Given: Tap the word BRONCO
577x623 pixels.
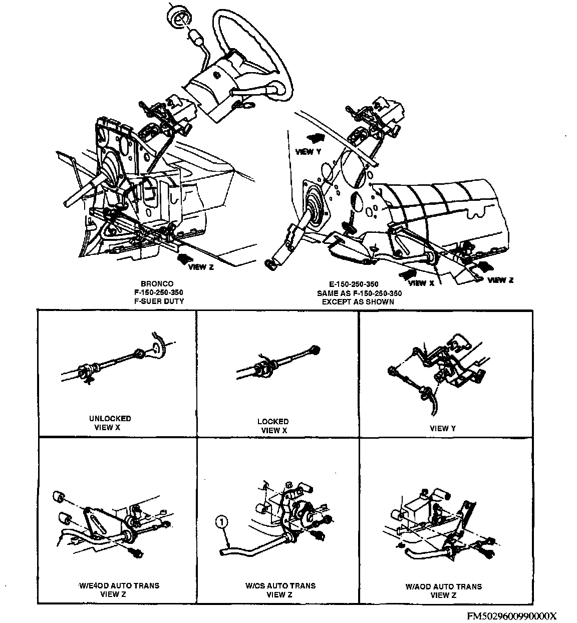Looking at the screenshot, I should tap(157, 284).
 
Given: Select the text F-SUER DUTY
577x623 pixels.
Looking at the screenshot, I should tap(157, 301).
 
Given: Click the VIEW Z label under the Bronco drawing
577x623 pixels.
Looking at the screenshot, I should tap(201, 267).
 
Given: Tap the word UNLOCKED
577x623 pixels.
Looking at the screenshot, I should tap(110, 418).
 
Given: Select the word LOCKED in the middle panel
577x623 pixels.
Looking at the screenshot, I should tap(273, 421).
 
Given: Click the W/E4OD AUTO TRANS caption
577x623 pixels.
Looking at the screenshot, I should tap(119, 585).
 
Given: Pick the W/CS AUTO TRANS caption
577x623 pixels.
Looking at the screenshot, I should tap(280, 585).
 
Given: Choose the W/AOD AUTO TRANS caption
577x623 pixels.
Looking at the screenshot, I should tap(444, 586).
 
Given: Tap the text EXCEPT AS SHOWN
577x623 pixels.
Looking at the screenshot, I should tap(358, 302).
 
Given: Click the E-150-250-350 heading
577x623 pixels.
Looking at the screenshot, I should tap(358, 284).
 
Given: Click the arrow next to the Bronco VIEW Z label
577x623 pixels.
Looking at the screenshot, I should tap(183, 258).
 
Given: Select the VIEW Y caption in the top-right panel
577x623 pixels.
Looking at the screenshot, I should tap(443, 428).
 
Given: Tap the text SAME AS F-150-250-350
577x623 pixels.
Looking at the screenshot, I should tap(358, 293).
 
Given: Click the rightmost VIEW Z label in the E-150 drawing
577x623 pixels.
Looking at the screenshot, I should tap(500, 280).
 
